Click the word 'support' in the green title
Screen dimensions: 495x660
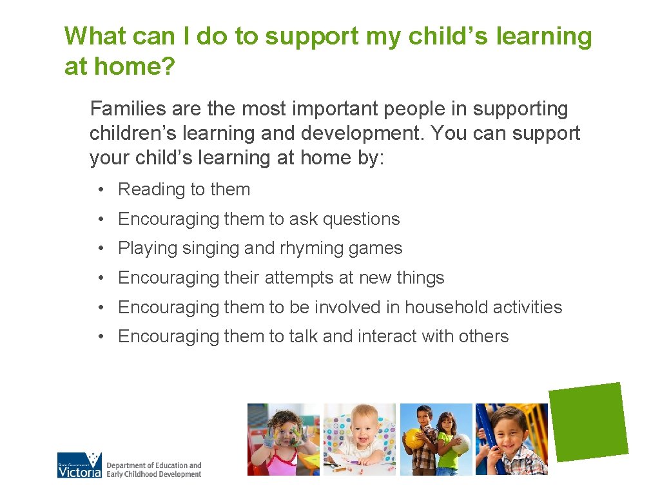311,37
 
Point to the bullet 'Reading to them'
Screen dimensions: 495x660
184,189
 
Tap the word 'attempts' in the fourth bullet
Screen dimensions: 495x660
298,278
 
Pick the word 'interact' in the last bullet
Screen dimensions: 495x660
382,336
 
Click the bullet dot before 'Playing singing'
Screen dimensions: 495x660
102,249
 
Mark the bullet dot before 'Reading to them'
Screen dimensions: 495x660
102,190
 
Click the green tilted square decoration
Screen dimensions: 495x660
588,422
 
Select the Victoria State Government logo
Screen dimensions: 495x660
80,465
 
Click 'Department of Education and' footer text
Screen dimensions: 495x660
153,465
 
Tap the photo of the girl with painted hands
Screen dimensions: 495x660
284,440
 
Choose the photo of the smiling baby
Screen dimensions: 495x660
359,440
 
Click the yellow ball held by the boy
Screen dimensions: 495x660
413,438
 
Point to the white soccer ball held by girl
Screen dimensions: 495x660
460,443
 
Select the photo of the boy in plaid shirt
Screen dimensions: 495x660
511,440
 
